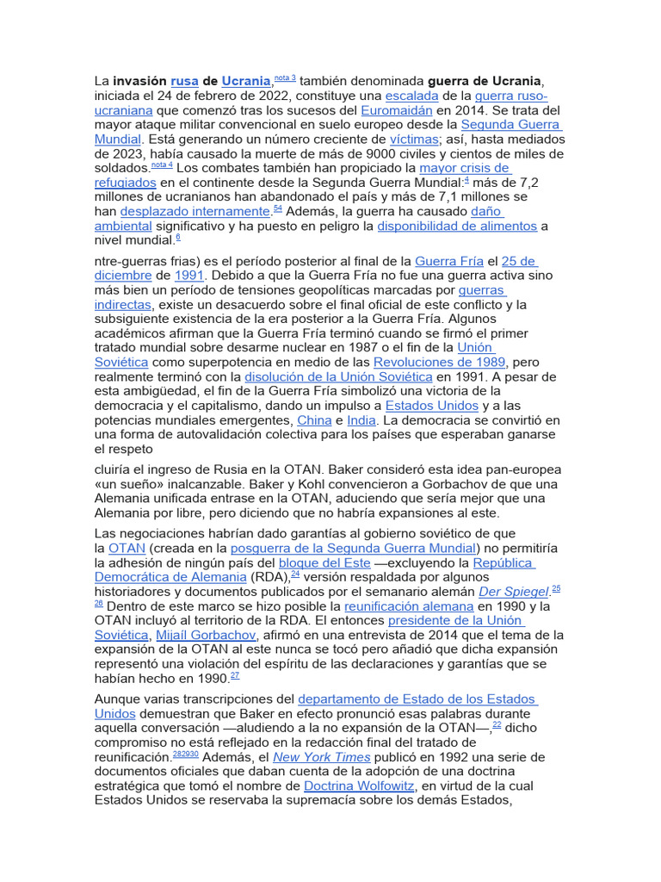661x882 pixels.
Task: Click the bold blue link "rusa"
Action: point(184,80)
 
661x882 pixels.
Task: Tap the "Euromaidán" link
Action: point(396,110)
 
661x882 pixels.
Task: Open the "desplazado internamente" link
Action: point(195,211)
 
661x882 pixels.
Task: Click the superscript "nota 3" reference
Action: point(285,78)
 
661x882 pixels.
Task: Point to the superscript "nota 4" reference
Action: point(162,165)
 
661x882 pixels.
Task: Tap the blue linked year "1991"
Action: point(189,276)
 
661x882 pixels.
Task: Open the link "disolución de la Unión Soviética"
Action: point(338,377)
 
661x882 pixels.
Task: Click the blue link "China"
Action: point(314,420)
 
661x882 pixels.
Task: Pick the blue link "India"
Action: point(361,420)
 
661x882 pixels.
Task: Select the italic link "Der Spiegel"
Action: point(514,592)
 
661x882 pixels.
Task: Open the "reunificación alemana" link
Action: point(406,606)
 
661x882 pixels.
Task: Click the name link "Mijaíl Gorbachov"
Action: point(207,635)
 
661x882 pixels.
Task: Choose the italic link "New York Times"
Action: point(322,757)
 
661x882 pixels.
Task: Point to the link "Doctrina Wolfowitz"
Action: point(360,786)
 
